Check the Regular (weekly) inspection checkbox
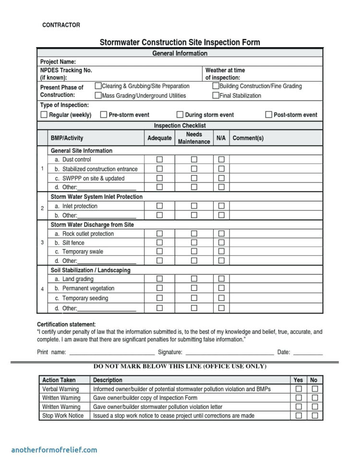click(44, 115)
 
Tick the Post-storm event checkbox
click(269, 115)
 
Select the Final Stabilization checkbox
click(216, 96)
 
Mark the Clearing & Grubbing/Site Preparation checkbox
click(98, 86)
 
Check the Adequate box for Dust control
click(159, 159)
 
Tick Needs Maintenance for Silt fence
click(194, 243)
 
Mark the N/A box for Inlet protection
click(221, 206)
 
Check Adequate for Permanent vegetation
click(159, 288)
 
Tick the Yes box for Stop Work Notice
click(299, 416)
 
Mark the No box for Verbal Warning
click(315, 389)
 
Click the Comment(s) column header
click(248, 138)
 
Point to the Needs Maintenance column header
click(194, 138)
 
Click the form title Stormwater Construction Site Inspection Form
click(180, 42)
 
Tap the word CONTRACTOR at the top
click(61, 25)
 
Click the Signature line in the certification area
click(228, 353)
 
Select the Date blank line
click(308, 353)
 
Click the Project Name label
click(58, 62)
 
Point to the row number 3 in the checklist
click(42, 243)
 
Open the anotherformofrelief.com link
click(54, 450)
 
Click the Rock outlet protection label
click(84, 234)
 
